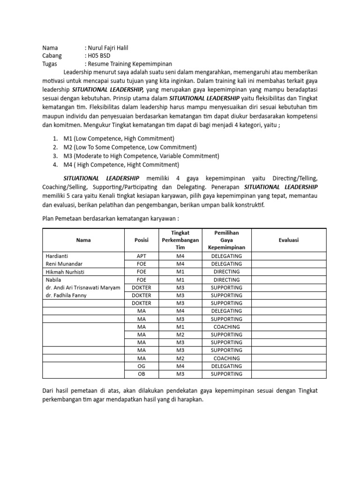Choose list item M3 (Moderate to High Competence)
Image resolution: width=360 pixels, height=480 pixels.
coord(141,156)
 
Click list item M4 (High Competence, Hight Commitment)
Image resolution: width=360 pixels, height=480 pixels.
coord(121,165)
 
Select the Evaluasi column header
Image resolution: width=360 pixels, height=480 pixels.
coord(289,240)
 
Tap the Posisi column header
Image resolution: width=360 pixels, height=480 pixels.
coord(141,240)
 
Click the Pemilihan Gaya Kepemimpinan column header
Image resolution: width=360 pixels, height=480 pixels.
coord(226,240)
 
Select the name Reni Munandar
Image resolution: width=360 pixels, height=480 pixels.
coord(65,264)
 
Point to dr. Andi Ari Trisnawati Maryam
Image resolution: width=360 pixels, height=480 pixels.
coord(83,287)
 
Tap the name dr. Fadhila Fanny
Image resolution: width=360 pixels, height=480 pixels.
coord(67,295)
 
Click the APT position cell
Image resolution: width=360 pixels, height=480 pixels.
coord(141,256)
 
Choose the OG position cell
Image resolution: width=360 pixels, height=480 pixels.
coord(141,366)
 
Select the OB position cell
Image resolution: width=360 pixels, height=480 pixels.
coord(141,374)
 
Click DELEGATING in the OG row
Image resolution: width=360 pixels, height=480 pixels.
coord(226,366)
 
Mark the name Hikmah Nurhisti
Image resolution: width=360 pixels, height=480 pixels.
coord(65,272)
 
